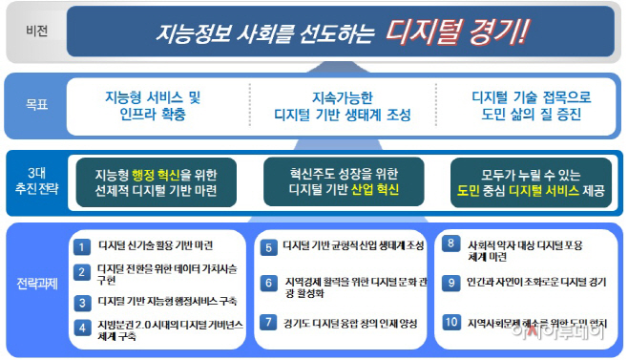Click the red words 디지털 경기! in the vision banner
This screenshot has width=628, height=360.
pyautogui.click(x=456, y=32)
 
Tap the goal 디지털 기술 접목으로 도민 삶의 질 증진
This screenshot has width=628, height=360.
pyautogui.click(x=531, y=105)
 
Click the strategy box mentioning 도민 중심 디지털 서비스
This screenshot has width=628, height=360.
pyautogui.click(x=530, y=181)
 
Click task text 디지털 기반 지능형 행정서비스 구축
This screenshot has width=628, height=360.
pyautogui.click(x=169, y=301)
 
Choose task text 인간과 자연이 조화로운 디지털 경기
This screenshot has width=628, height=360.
pyautogui.click(x=536, y=282)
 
